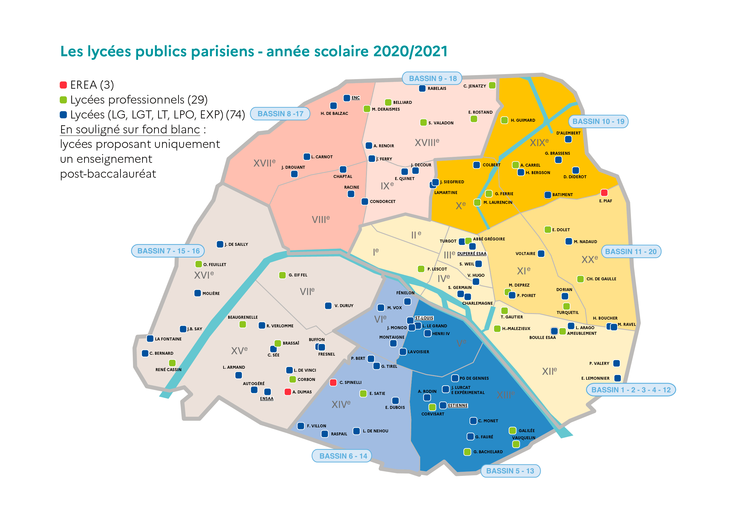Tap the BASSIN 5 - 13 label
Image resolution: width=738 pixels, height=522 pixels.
click(510, 471)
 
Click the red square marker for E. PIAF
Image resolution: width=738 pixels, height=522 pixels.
click(604, 193)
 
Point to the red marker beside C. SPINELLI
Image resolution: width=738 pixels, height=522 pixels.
click(333, 382)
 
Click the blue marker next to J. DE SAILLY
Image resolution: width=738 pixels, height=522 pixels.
click(220, 244)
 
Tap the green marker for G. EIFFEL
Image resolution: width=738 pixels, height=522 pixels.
click(282, 275)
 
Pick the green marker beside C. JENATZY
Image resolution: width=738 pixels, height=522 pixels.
click(492, 85)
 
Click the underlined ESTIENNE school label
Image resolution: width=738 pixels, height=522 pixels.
click(458, 405)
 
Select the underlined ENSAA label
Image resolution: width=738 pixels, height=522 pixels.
click(266, 398)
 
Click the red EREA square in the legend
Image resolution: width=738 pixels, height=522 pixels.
click(63, 85)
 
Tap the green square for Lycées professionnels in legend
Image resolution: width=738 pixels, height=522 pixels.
click(63, 100)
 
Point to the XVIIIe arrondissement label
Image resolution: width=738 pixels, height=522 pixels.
click(427, 142)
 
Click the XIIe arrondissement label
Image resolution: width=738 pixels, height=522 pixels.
click(549, 371)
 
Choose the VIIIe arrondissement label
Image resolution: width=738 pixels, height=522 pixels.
click(320, 219)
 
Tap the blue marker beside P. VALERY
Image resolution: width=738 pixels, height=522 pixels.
click(617, 363)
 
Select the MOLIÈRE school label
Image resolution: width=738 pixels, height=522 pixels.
click(211, 293)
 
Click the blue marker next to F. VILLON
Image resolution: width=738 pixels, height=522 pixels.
click(301, 426)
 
